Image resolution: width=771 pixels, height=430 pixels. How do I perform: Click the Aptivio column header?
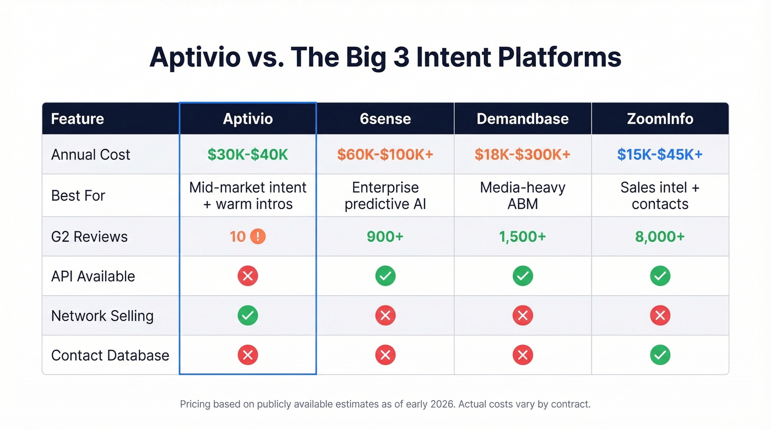(x=248, y=119)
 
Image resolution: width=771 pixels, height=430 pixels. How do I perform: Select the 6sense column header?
(x=385, y=119)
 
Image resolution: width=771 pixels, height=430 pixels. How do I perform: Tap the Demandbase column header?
(x=522, y=119)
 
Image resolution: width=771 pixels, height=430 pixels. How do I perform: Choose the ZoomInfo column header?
(x=660, y=119)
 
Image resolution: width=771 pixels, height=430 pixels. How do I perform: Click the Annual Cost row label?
(x=90, y=155)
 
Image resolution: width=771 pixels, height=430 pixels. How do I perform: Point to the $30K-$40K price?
(x=248, y=155)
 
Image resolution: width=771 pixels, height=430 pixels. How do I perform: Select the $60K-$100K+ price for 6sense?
(x=385, y=155)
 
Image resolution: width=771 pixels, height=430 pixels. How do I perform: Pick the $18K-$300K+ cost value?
(x=522, y=155)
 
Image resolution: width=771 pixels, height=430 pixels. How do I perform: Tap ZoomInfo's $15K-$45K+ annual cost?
(x=660, y=155)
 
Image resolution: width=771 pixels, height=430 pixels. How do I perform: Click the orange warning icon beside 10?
(x=258, y=237)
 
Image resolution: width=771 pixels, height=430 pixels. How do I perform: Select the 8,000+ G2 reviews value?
(x=660, y=237)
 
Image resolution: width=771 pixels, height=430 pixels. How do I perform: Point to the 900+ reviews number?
(x=385, y=237)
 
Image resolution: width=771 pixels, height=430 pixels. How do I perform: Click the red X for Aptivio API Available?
(x=248, y=276)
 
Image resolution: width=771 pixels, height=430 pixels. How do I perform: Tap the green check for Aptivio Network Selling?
(x=248, y=315)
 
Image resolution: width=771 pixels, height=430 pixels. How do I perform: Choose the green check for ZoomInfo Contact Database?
(x=660, y=355)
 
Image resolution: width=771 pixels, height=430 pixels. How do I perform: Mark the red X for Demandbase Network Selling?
(x=522, y=315)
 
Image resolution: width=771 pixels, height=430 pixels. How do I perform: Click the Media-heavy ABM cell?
(x=522, y=195)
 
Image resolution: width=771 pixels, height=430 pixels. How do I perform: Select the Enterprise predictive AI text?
(x=385, y=195)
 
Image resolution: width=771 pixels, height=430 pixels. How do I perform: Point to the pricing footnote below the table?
(x=385, y=404)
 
